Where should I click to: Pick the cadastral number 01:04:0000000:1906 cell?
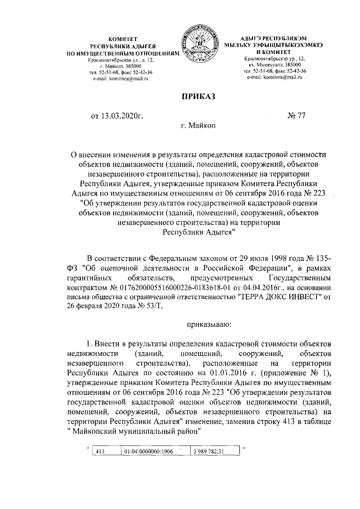[x=148, y=452]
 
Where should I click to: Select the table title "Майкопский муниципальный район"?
[x=136, y=432]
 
